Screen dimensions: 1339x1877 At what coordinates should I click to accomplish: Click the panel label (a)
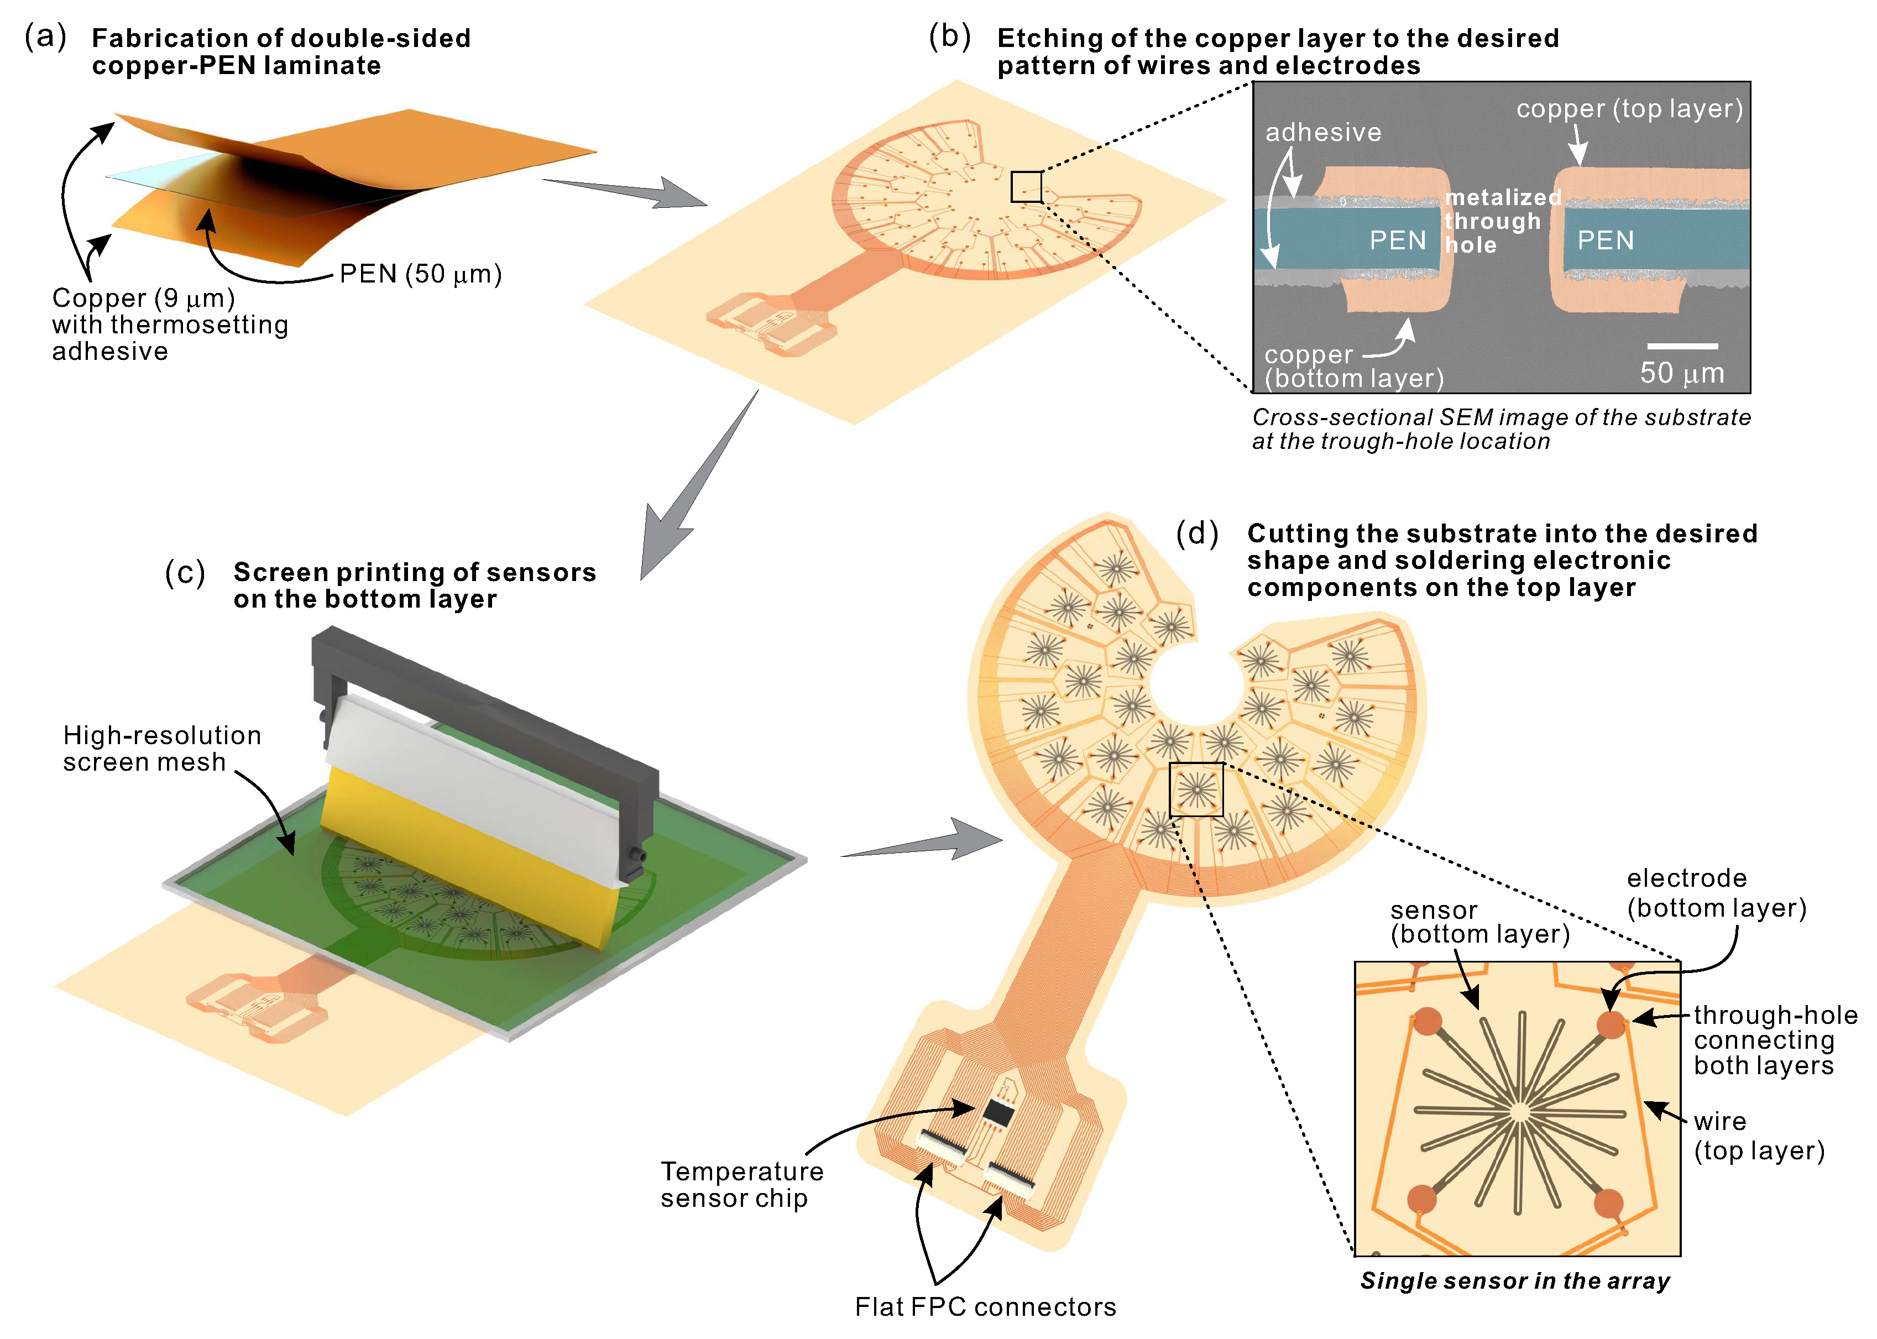coord(45,36)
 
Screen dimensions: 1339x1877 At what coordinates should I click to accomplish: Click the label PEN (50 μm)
coord(420,274)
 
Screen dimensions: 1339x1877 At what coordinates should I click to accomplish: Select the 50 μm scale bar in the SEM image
coord(1682,346)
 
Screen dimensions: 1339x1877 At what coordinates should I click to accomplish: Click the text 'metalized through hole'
coord(1502,221)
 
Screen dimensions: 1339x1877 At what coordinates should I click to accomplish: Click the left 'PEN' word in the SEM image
coord(1397,240)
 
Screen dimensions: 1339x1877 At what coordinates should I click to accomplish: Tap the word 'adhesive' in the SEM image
coord(1323,132)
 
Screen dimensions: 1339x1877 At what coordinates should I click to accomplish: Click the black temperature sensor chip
coord(998,1113)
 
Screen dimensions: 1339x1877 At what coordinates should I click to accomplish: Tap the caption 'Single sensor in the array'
coord(1515,1280)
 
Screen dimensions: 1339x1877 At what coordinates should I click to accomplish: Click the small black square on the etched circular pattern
coord(1026,186)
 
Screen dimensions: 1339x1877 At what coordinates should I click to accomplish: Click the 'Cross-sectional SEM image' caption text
coord(1500,429)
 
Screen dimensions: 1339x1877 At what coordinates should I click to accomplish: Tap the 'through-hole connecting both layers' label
coord(1775,1040)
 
